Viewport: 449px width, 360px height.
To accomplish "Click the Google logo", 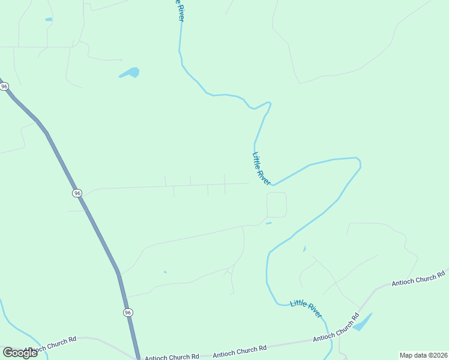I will click(20, 353).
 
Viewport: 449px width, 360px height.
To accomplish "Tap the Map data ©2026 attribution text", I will click(423, 355).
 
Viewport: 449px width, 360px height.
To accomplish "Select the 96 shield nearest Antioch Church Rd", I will click(128, 313).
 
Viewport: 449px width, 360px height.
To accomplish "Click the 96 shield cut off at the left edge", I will click(4, 86).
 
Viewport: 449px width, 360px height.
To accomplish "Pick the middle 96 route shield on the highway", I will click(77, 193).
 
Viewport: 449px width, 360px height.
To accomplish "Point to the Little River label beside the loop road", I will click(261, 168).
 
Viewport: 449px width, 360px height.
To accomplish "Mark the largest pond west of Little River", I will click(130, 73).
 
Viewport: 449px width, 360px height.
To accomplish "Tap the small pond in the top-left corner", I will click(49, 19).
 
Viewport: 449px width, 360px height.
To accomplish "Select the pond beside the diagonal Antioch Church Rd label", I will click(363, 322).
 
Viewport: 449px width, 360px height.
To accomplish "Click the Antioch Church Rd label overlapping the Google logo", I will click(51, 343).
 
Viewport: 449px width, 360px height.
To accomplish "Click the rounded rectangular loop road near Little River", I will click(276, 205).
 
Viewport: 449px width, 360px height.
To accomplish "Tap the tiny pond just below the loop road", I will click(268, 224).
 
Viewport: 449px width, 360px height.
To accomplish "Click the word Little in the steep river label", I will click(257, 160).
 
